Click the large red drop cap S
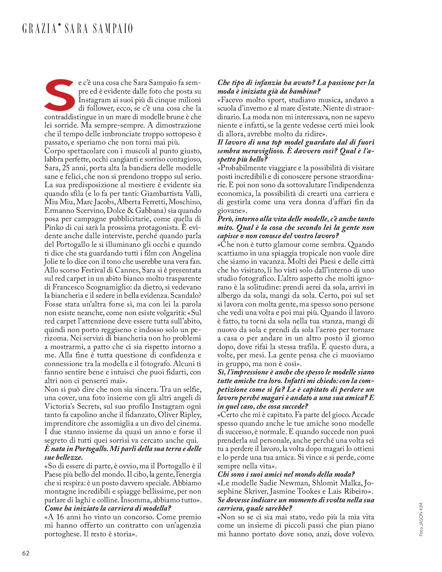[x=60, y=94]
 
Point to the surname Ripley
[x=189, y=415]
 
